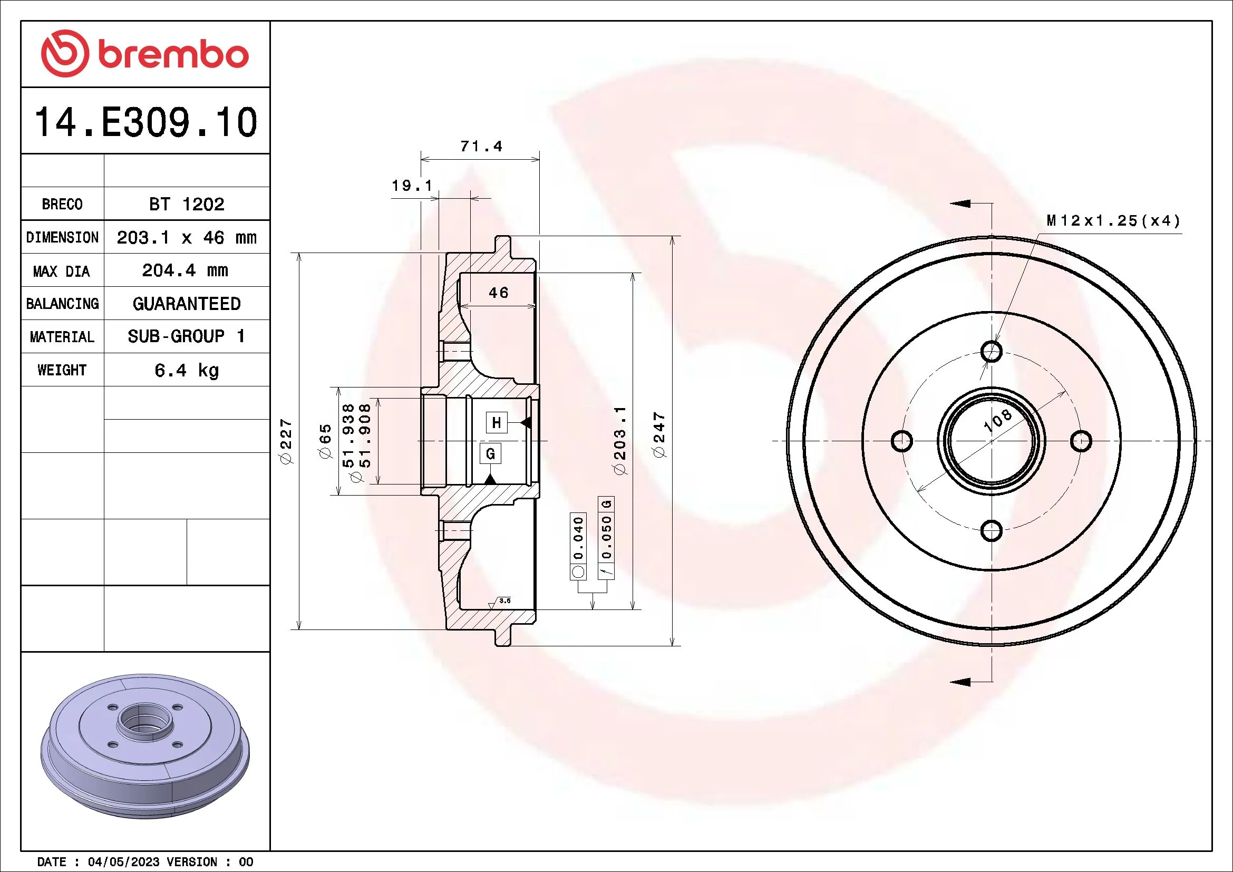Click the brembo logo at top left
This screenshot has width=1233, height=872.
click(145, 54)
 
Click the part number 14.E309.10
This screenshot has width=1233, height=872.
click(145, 122)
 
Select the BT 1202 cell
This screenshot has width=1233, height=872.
click(186, 204)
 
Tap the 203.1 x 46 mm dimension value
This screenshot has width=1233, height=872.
click(186, 237)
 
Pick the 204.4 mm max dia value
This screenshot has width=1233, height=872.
click(185, 270)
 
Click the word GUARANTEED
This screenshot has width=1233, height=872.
click(186, 304)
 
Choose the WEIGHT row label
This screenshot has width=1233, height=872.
click(62, 370)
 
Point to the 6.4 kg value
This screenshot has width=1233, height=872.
click(186, 370)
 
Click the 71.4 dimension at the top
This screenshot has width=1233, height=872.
click(481, 146)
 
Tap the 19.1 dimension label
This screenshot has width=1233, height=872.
click(411, 186)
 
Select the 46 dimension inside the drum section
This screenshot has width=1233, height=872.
click(498, 293)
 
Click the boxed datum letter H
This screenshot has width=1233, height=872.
click(496, 423)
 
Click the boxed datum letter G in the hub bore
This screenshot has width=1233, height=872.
click(490, 454)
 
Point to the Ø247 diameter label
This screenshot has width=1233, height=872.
click(659, 435)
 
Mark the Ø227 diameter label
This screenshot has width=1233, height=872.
click(286, 441)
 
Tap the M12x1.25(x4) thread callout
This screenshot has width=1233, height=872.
click(1113, 221)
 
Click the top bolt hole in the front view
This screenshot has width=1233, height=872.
click(991, 352)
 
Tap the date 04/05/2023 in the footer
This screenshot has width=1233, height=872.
click(123, 862)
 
